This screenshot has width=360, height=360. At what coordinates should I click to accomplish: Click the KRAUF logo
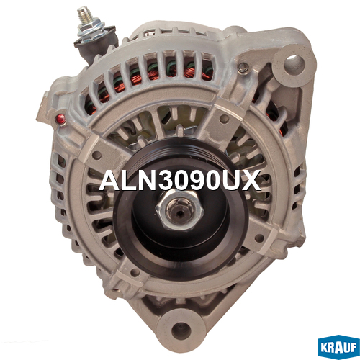pyautogui.click(x=338, y=347)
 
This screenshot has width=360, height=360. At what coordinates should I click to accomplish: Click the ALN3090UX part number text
pyautogui.click(x=180, y=180)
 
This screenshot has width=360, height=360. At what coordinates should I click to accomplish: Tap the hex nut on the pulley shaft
pyautogui.click(x=180, y=210)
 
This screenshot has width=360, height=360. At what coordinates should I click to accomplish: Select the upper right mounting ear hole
pyautogui.click(x=294, y=62)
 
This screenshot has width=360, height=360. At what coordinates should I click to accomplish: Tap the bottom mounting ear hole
pyautogui.click(x=181, y=332)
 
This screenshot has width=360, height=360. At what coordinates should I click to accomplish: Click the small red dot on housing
pyautogui.click(x=60, y=119)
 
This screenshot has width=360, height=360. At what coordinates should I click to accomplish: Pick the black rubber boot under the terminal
pyautogui.click(x=96, y=45)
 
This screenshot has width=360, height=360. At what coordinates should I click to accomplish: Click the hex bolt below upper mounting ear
pyautogui.click(x=243, y=68)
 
